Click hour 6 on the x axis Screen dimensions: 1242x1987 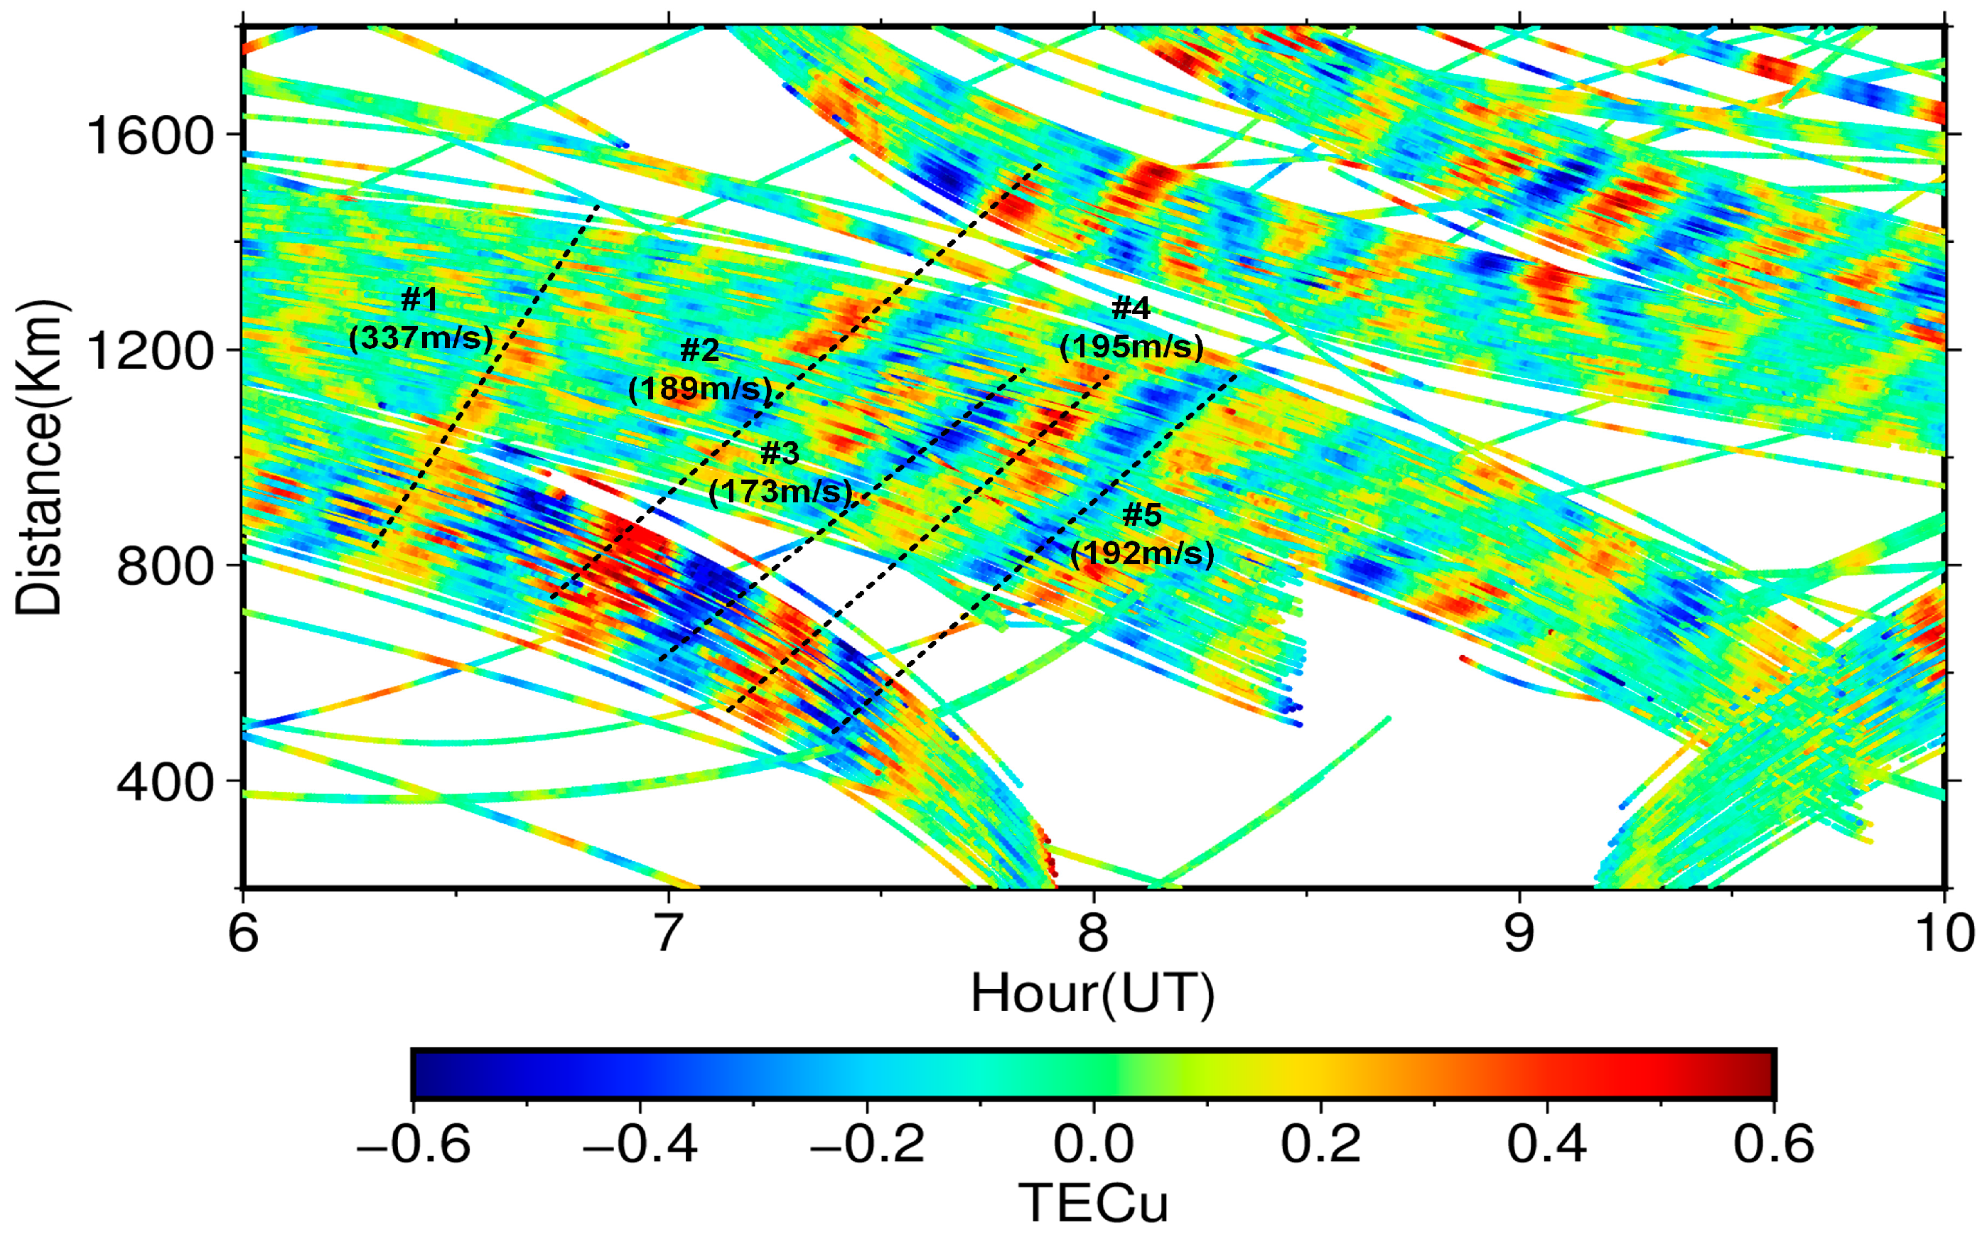coord(243,933)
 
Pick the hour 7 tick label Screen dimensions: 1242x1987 coord(669,933)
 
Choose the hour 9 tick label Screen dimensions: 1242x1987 coord(1519,933)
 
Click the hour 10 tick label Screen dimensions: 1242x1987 coord(1945,933)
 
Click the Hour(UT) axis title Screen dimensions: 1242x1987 coord(1092,995)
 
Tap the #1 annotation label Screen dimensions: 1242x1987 coord(420,300)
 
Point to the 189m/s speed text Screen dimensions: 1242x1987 coord(701,389)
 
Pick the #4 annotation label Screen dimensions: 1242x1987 coord(1131,309)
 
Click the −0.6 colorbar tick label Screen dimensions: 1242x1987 coord(413,1143)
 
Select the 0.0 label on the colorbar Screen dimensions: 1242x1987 coord(1093,1143)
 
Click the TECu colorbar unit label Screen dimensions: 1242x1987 coord(1092,1204)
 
